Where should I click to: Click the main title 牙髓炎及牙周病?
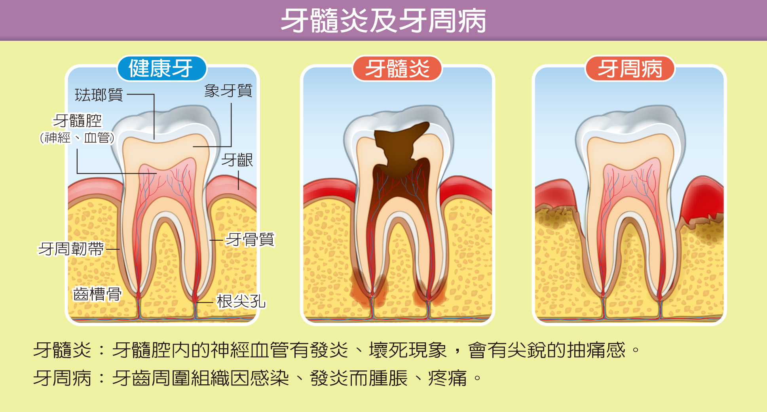coord(383,21)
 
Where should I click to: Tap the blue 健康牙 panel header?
coord(162,68)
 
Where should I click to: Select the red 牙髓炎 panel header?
coord(397,68)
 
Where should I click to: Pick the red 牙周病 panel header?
coord(630,68)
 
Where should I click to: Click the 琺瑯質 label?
coord(99,95)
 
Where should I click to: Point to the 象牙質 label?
coord(228,91)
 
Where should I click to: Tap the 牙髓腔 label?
coord(78,121)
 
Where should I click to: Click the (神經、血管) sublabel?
coord(77,138)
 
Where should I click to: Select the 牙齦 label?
coord(237,160)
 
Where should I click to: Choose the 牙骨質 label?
coord(250,239)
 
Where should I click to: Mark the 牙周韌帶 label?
coord(71,249)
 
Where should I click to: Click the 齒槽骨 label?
coord(97,294)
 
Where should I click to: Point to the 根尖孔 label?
coord(241,301)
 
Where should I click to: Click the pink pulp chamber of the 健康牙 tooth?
coord(166,178)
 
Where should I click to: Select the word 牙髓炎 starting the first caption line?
coord(63,350)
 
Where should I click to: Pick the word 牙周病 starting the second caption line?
coord(63,378)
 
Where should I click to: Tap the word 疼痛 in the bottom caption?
coord(448,378)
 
